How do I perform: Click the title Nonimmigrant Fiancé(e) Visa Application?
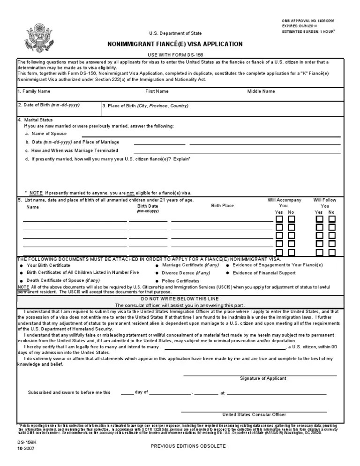[175, 45]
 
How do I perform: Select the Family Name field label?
[34, 91]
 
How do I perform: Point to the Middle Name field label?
[261, 91]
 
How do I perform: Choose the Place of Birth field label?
[145, 106]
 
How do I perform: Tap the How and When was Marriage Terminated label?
[72, 150]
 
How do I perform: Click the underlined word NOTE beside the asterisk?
[36, 193]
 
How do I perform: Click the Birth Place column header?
[222, 206]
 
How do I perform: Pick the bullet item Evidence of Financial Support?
[264, 273]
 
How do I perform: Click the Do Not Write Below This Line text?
[180, 298]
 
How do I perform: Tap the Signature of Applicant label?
[263, 378]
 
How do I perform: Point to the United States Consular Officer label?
[254, 414]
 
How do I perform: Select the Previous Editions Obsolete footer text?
[188, 446]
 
